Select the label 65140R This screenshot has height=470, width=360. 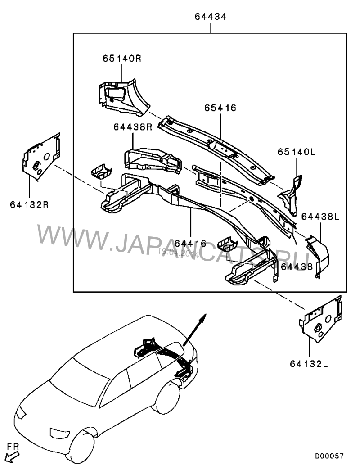coord(121,59)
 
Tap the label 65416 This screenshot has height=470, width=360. coord(220,108)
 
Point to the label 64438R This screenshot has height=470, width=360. coord(134,127)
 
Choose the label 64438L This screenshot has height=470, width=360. coord(320,217)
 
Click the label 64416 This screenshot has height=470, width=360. coord(190,243)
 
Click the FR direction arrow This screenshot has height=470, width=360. coord(13,455)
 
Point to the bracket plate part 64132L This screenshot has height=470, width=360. coord(321,320)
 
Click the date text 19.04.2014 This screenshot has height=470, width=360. coord(179,253)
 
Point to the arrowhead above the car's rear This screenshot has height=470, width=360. coord(203,317)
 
